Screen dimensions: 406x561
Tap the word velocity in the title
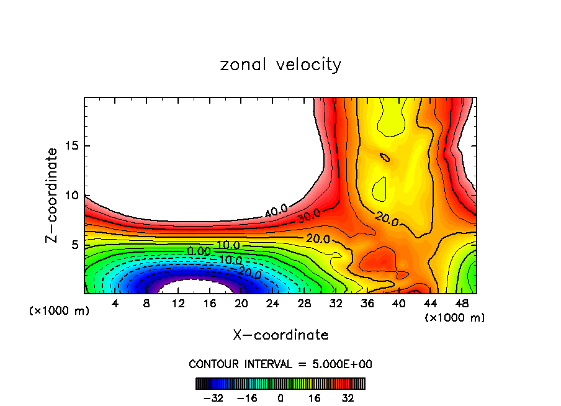coord(307,65)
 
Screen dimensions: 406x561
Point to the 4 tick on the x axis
coord(115,302)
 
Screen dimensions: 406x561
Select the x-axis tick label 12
coord(179,302)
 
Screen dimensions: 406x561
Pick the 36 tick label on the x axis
coord(367,302)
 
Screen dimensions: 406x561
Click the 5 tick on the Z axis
coord(72,245)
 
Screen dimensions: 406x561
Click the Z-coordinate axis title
coord(52,195)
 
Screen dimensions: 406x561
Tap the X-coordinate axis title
coord(280,335)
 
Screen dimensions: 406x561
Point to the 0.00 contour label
coord(199,251)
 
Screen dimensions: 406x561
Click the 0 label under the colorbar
coord(280,398)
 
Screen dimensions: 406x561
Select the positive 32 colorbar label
coord(348,398)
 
